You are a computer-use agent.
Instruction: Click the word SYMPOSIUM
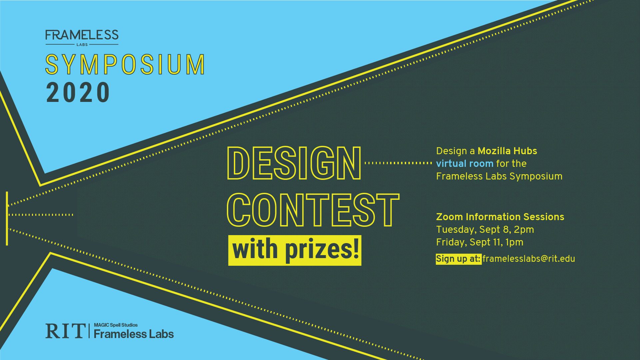pyautogui.click(x=125, y=64)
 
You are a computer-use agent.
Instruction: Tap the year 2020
pyautogui.click(x=78, y=92)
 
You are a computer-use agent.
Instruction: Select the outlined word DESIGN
pyautogui.click(x=294, y=163)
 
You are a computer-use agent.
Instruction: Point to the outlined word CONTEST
pyautogui.click(x=313, y=210)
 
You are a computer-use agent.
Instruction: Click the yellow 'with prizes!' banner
pyautogui.click(x=295, y=250)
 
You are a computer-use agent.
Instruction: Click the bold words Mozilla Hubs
pyautogui.click(x=507, y=151)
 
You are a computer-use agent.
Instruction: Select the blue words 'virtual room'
pyautogui.click(x=465, y=164)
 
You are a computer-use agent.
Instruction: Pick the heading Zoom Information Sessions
pyautogui.click(x=500, y=217)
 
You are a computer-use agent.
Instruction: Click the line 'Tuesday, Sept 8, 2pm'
pyautogui.click(x=485, y=229)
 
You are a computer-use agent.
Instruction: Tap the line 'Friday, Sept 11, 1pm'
pyautogui.click(x=480, y=242)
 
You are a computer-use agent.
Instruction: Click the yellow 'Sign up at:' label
pyautogui.click(x=458, y=259)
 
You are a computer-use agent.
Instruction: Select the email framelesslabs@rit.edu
pyautogui.click(x=529, y=259)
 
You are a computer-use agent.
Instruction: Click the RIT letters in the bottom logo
pyautogui.click(x=65, y=331)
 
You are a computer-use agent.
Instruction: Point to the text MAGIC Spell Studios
pyautogui.click(x=116, y=325)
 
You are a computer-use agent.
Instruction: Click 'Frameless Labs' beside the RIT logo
pyautogui.click(x=134, y=334)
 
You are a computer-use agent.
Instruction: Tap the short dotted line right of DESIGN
pyautogui.click(x=398, y=163)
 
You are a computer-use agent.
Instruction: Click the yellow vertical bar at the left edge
pyautogui.click(x=7, y=218)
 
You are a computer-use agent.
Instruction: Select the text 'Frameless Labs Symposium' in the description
pyautogui.click(x=499, y=176)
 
